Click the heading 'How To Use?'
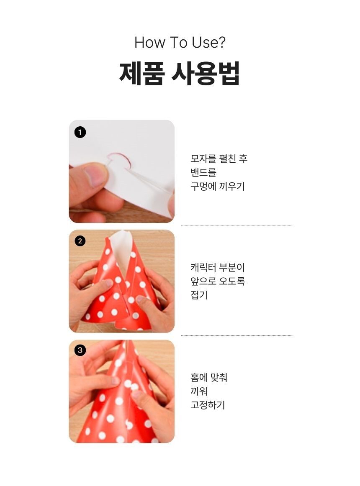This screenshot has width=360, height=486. click(180, 43)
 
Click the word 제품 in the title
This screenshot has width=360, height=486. click(141, 74)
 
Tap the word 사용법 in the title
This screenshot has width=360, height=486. click(206, 74)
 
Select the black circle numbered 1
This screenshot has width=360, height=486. click(80, 132)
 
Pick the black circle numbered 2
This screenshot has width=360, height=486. click(80, 241)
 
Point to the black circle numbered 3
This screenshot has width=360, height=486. click(80, 350)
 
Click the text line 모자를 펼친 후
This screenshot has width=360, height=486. click(219, 159)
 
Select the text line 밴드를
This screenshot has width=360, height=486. click(203, 172)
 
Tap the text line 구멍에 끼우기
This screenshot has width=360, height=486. click(218, 186)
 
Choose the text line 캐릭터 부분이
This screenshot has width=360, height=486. click(218, 268)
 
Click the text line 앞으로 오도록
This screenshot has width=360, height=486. click(218, 281)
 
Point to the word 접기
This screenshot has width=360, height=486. click(198, 295)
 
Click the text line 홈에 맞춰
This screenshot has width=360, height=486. click(209, 377)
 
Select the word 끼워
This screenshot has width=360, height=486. click(198, 391)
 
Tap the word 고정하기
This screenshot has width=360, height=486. click(207, 405)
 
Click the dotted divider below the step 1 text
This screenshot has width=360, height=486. click(237, 226)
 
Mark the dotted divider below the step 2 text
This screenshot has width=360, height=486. click(237, 335)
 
